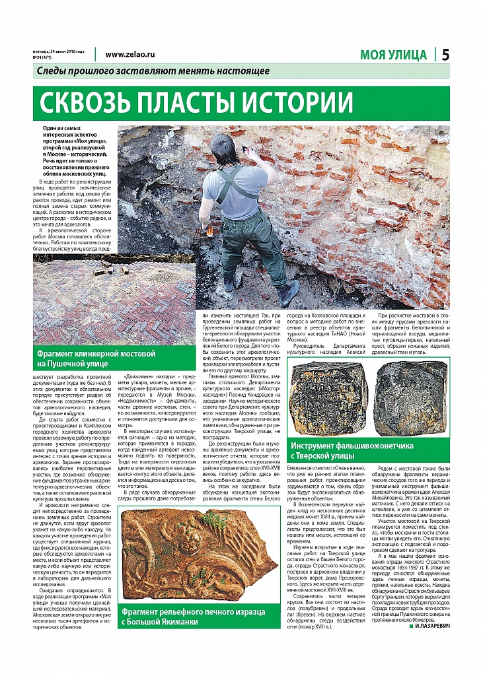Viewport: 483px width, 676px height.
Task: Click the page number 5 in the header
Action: click(445, 55)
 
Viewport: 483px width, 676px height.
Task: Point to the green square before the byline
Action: click(410, 625)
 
